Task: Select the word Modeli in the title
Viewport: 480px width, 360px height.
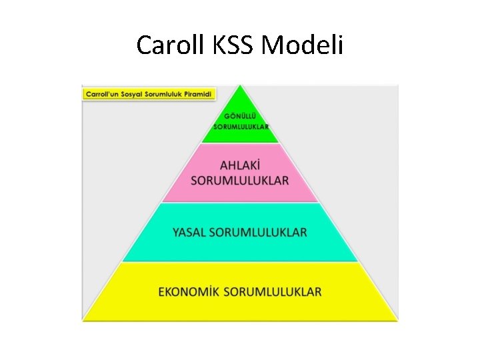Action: (303, 45)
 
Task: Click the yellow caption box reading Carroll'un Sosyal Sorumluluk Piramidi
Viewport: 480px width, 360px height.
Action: (149, 94)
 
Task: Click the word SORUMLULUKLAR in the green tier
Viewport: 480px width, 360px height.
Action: (241, 126)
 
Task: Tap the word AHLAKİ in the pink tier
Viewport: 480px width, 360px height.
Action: (240, 165)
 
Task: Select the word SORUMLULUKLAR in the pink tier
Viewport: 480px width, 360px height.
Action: (240, 180)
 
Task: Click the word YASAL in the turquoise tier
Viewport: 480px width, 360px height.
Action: (189, 232)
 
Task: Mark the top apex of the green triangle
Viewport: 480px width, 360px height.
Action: (241, 85)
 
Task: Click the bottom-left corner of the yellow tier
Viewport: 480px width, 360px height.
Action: (85, 319)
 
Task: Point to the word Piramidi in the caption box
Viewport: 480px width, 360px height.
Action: (196, 94)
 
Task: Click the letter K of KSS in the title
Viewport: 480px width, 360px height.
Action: (221, 45)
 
